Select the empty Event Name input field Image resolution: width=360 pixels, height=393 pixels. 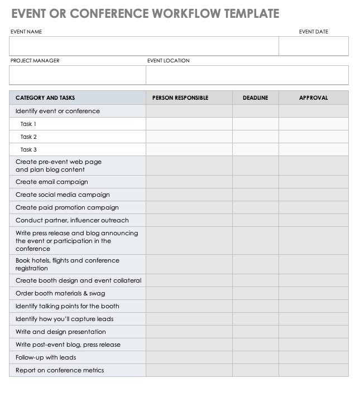click(144, 46)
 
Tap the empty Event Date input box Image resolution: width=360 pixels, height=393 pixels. click(314, 46)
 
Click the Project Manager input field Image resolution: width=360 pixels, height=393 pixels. click(78, 75)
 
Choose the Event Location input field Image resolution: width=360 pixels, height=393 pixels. click(247, 75)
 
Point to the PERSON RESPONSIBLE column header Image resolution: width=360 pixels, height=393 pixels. click(180, 98)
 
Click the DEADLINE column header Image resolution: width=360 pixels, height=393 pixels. click(255, 98)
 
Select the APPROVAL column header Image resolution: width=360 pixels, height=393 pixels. click(313, 98)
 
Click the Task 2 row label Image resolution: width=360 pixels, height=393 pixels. click(28, 137)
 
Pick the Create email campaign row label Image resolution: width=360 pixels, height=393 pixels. click(51, 182)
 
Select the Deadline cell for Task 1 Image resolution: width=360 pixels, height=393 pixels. click(255, 124)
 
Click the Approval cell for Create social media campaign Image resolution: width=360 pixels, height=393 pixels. click(313, 195)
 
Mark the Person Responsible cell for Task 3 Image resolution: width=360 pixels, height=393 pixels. click(189, 149)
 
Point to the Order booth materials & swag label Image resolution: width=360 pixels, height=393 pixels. click(60, 293)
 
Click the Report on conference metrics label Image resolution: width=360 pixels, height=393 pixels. click(60, 370)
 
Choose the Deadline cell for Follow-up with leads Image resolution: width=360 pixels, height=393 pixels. click(255, 357)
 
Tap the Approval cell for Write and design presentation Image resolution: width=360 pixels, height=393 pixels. click(313, 332)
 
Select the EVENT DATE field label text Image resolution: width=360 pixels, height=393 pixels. click(313, 32)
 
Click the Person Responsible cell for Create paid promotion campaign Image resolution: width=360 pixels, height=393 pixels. click(189, 207)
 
